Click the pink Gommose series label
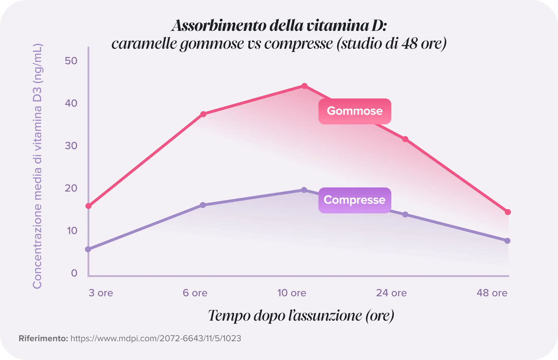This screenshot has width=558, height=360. (x=354, y=111)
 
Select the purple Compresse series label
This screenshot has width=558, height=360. (x=354, y=200)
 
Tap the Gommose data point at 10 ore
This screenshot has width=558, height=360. (x=305, y=86)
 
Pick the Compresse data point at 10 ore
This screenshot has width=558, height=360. (x=304, y=190)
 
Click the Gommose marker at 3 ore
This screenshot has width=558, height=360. (x=88, y=206)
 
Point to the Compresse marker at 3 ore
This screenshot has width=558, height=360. (x=88, y=249)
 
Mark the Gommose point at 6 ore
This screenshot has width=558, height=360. (x=203, y=114)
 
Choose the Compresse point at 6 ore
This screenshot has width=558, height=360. (x=203, y=205)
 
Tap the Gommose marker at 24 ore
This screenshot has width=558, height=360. (x=405, y=139)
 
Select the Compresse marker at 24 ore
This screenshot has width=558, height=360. (x=405, y=214)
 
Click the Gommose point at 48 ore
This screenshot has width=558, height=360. (x=508, y=212)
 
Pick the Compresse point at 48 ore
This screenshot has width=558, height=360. (x=507, y=241)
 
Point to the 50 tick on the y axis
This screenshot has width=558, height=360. (x=71, y=61)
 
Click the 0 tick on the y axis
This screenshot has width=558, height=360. (x=74, y=273)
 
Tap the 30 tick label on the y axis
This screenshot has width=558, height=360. (x=71, y=146)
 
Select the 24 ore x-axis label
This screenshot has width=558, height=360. (x=391, y=293)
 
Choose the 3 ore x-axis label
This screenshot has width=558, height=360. (x=100, y=293)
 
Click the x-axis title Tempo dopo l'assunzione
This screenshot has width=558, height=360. (x=301, y=316)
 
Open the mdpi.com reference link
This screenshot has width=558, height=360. (x=155, y=338)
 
